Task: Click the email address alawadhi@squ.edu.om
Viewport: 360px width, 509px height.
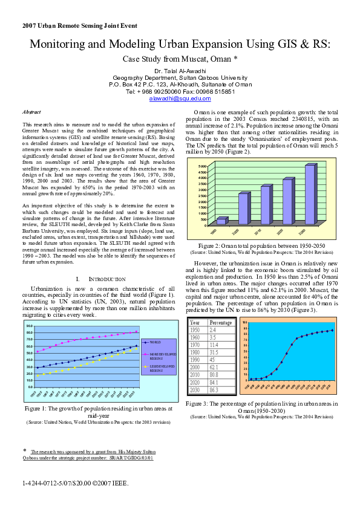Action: [180, 99]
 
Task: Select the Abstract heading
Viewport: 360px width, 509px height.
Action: [31, 112]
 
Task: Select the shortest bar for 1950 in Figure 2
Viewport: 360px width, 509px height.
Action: [222, 221]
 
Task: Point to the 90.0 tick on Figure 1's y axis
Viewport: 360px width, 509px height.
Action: [28, 326]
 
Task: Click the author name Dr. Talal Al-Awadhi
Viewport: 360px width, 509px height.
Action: [180, 71]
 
